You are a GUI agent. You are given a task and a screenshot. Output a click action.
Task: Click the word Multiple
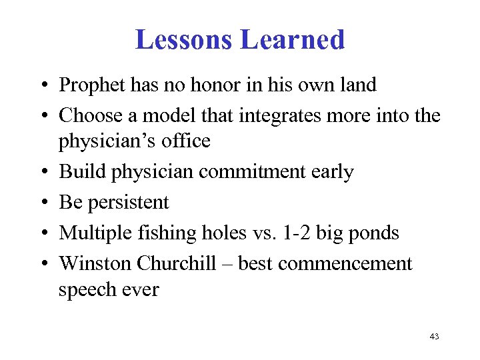pos(93,233)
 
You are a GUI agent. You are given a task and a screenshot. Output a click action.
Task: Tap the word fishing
pos(163,233)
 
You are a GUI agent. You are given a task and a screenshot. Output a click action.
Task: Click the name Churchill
pos(177,263)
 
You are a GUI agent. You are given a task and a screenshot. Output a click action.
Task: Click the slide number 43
pos(434,337)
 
